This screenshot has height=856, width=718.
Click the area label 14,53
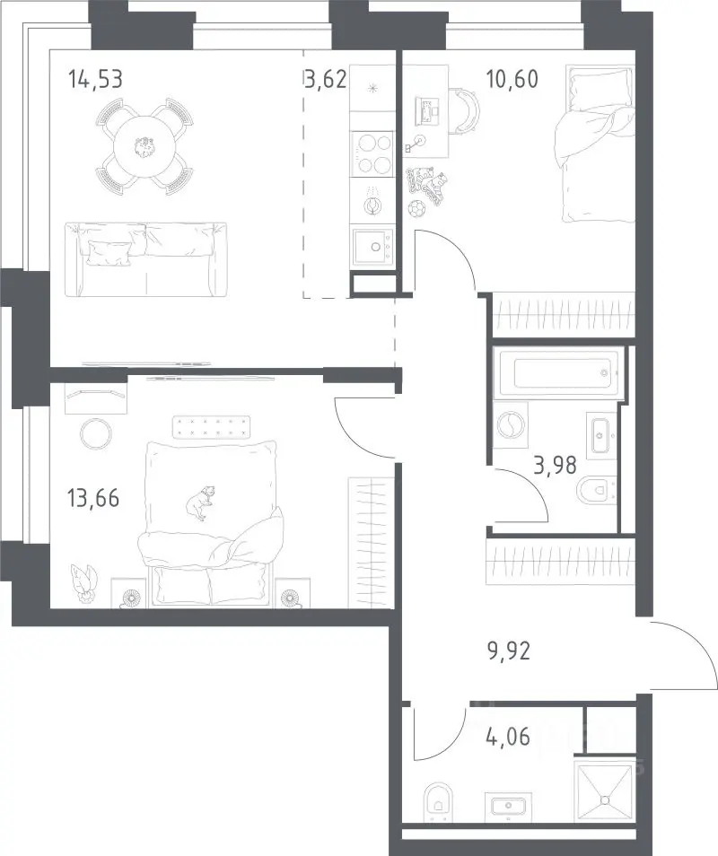95,80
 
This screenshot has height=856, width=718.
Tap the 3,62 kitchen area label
326,80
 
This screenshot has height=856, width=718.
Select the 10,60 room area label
512,80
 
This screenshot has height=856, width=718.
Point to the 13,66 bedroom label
93,498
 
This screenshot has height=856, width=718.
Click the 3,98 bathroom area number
555,466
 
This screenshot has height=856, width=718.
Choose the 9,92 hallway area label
509,651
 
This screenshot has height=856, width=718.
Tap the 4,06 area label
508,738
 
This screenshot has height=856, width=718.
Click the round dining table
144,146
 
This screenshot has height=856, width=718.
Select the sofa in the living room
145,259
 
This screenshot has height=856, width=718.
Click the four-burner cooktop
372,153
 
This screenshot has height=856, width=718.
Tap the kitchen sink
372,247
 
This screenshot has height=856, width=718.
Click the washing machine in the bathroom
511,425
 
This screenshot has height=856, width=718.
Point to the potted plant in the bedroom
83,583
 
